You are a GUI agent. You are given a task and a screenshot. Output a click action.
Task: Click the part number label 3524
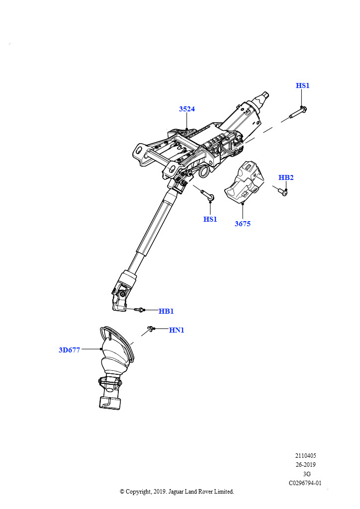point(187,109)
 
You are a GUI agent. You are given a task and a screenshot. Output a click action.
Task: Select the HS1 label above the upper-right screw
point(302,85)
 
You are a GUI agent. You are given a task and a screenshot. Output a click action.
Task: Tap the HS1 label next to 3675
point(210,219)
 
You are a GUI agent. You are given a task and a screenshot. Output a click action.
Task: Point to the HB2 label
point(286,177)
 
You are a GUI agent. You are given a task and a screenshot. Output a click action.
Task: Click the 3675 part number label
point(243,224)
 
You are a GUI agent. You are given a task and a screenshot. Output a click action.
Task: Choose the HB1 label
point(166,311)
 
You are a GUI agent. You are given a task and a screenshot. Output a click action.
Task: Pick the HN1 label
point(177,330)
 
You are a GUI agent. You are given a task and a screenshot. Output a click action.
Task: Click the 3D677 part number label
point(70,350)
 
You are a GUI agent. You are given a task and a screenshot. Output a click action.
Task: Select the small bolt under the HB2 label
point(283,193)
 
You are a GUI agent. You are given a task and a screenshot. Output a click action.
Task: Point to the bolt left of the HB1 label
point(139,310)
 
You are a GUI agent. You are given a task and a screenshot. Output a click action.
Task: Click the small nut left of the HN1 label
point(150,329)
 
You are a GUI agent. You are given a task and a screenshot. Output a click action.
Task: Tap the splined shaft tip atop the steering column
point(263,97)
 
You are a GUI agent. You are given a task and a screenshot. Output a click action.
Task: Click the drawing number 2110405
point(305,456)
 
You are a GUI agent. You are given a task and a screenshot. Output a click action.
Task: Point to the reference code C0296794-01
point(305,483)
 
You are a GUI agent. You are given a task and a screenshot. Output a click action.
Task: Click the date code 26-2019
point(305,465)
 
